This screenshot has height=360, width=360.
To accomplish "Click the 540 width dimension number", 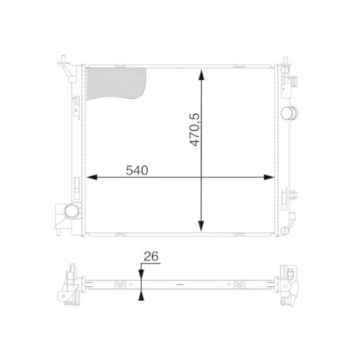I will (x=136, y=171).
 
